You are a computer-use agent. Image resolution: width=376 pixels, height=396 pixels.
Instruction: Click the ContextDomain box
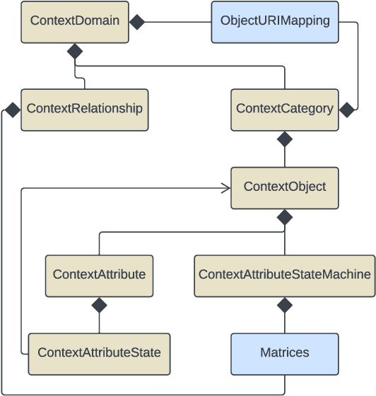[74, 21]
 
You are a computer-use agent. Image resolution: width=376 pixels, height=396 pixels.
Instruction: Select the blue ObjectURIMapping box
[275, 21]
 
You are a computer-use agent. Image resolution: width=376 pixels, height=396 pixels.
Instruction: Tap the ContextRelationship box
[84, 109]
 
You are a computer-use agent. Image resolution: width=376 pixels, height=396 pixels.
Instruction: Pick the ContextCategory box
[284, 109]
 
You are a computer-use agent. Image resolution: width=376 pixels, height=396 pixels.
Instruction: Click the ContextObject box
[284, 187]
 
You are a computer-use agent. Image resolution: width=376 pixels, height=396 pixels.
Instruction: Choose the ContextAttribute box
[99, 275]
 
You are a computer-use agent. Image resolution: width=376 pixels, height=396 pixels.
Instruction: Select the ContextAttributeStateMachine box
[284, 275]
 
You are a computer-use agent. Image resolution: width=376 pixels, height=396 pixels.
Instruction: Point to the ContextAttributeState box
[99, 353]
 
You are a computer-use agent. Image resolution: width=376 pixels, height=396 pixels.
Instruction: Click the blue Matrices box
[284, 353]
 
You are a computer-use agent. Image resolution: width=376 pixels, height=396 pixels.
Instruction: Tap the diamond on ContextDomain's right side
[136, 22]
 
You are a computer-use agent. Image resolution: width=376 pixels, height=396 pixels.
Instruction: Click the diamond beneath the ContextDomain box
[74, 52]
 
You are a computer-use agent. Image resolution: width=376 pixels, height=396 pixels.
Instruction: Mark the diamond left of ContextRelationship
[12, 110]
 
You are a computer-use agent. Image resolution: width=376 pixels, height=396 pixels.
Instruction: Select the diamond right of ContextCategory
[346, 110]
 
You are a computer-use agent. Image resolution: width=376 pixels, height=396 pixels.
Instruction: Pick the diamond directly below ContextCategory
[284, 139]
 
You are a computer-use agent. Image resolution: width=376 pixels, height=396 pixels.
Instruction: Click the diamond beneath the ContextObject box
[284, 217]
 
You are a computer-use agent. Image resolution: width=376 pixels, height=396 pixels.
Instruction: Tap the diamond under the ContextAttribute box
[99, 305]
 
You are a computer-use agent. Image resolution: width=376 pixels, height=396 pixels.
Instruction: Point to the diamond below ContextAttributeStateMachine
[284, 305]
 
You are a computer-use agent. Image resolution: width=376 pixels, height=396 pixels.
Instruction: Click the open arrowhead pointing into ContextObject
[226, 188]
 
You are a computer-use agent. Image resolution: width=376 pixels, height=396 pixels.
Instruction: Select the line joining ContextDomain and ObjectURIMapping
[177, 22]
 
